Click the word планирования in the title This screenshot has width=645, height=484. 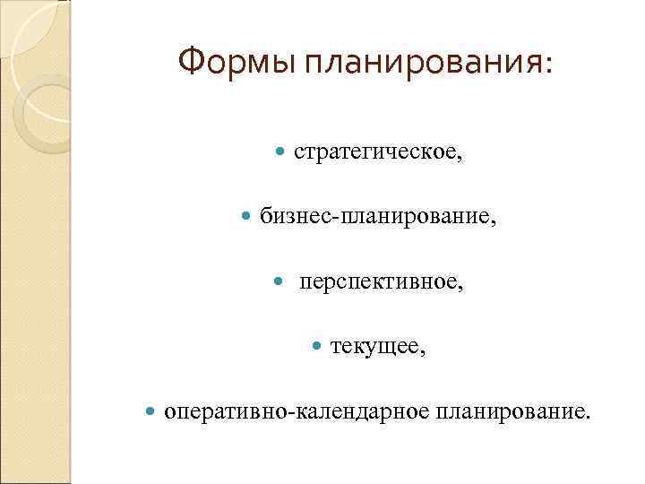(x=422, y=63)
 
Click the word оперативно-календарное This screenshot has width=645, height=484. (x=297, y=413)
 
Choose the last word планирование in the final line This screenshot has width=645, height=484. (x=510, y=413)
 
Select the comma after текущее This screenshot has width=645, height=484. (x=423, y=353)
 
